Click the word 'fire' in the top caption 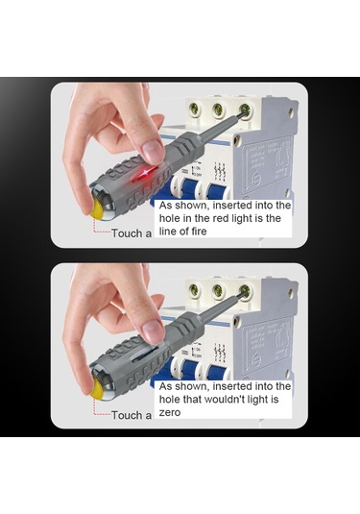[x=198, y=232]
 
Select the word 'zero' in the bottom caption [x=170, y=412]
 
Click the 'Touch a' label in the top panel [x=132, y=233]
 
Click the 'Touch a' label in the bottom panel [x=132, y=415]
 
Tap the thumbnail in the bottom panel [x=153, y=332]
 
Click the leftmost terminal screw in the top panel [x=194, y=108]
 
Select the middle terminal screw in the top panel [x=218, y=109]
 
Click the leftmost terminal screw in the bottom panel [x=194, y=289]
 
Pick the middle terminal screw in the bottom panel [x=218, y=290]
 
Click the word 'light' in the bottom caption [x=259, y=400]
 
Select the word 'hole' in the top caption [x=169, y=218]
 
